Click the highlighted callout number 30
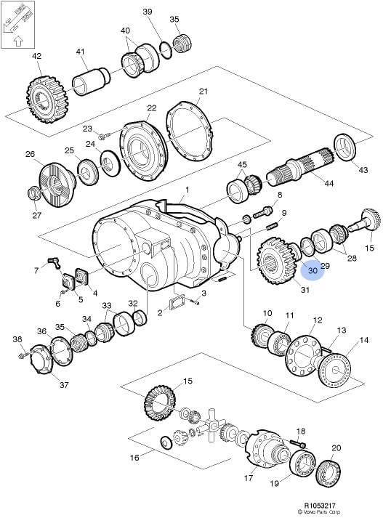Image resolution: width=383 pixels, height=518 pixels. pyautogui.click(x=313, y=270)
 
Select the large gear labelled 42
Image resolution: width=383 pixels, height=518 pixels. pyautogui.click(x=47, y=100)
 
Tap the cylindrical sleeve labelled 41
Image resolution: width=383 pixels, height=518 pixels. pyautogui.click(x=91, y=81)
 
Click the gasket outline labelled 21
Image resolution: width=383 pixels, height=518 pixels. pyautogui.click(x=189, y=131)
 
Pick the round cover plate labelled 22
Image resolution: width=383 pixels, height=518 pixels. pyautogui.click(x=143, y=150)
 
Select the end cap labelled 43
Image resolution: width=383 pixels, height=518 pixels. pyautogui.click(x=344, y=147)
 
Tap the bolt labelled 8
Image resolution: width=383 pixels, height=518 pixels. pyautogui.click(x=262, y=211)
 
